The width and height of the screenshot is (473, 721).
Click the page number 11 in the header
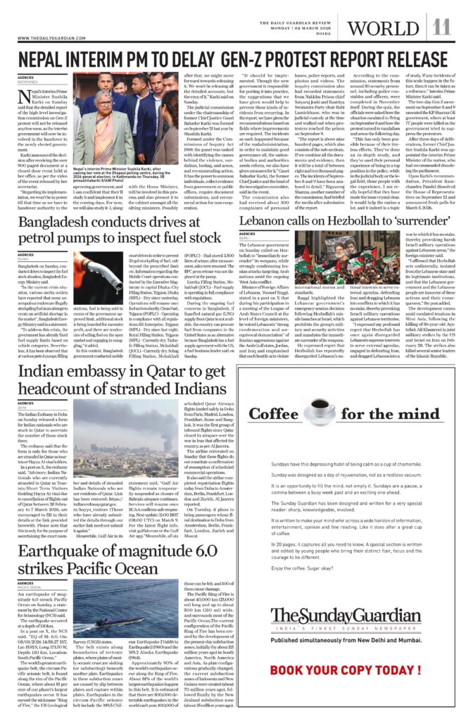tap(441, 27)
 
